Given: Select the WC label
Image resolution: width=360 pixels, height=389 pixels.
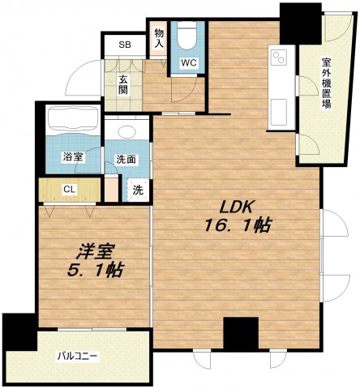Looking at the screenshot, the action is [x=189, y=63].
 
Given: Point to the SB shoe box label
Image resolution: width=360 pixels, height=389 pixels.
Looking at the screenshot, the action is [x=125, y=45].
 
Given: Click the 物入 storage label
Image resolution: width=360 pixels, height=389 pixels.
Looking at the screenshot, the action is [x=159, y=39].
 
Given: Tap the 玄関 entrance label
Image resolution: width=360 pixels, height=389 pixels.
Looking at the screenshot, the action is [x=123, y=85].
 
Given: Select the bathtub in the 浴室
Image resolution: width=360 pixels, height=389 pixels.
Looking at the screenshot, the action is [x=73, y=120].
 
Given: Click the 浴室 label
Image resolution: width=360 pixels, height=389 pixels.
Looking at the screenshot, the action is [x=73, y=157].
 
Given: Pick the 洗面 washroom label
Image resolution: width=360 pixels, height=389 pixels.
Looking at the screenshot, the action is [x=126, y=160].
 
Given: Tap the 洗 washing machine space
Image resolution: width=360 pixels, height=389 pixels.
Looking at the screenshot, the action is [x=138, y=190].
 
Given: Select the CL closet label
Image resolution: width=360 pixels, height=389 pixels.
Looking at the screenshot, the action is [x=69, y=190].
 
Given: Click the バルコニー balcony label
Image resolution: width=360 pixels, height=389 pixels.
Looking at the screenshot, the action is [x=77, y=357].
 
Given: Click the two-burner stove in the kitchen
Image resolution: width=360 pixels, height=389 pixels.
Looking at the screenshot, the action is [x=279, y=58].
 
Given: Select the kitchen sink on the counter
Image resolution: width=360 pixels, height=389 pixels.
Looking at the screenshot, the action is [x=279, y=113].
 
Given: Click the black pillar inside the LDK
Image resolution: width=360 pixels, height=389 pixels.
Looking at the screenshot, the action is [x=241, y=334].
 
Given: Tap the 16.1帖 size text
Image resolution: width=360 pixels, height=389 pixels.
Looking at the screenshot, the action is [x=238, y=225].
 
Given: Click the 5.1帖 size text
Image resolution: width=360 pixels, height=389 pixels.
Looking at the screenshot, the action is [x=96, y=269].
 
